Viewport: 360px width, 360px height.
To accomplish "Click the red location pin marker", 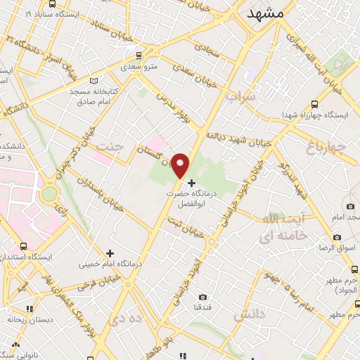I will tap(181, 165).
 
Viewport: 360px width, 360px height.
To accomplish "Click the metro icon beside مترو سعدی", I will tap(139, 54).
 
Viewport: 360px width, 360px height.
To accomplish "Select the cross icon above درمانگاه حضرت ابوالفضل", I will tap(191, 182).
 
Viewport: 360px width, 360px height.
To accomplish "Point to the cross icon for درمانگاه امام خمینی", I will tap(110, 252).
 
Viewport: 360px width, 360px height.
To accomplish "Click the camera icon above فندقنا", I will tap(203, 297).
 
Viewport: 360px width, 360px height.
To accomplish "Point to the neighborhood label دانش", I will tap(253, 316).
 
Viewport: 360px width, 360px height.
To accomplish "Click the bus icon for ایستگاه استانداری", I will tap(25, 246).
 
